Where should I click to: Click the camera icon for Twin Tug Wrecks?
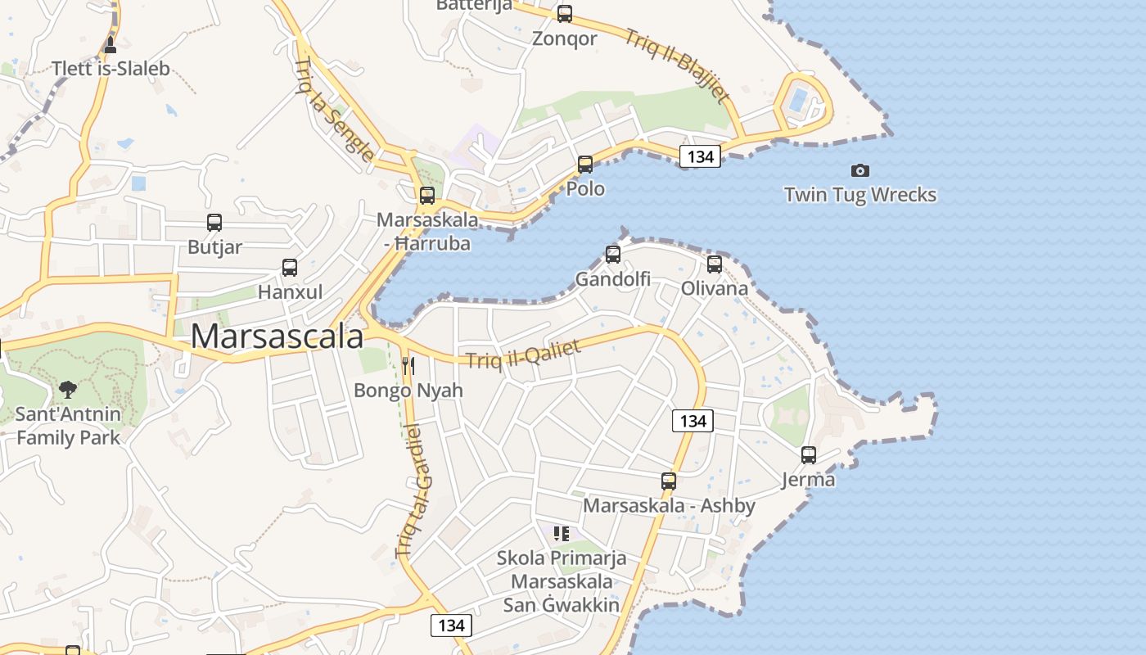pyautogui.click(x=859, y=170)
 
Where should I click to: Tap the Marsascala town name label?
pyautogui.click(x=277, y=336)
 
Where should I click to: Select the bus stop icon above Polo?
pyautogui.click(x=585, y=165)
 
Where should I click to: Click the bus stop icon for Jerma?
pyautogui.click(x=809, y=455)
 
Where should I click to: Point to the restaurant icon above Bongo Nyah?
pyautogui.click(x=408, y=365)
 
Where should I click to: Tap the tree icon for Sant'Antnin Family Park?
pyautogui.click(x=68, y=389)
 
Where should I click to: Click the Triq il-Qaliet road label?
pyautogui.click(x=524, y=354)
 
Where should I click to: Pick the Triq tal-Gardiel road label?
pyautogui.click(x=417, y=491)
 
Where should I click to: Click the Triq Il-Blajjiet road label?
pyautogui.click(x=677, y=66)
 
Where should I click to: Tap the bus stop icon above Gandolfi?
pyautogui.click(x=613, y=255)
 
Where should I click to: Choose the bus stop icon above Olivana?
pyautogui.click(x=715, y=264)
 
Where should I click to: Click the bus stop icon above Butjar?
pyautogui.click(x=214, y=223)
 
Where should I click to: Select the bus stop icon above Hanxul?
pyautogui.click(x=290, y=268)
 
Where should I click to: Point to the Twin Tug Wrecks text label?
pyautogui.click(x=859, y=195)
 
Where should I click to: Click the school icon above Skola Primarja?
pyautogui.click(x=562, y=534)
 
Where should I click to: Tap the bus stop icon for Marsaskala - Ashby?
pyautogui.click(x=669, y=481)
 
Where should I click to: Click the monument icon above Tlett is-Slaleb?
pyautogui.click(x=111, y=44)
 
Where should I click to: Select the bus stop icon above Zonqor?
pyautogui.click(x=565, y=14)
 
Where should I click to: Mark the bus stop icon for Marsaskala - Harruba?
pyautogui.click(x=427, y=196)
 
